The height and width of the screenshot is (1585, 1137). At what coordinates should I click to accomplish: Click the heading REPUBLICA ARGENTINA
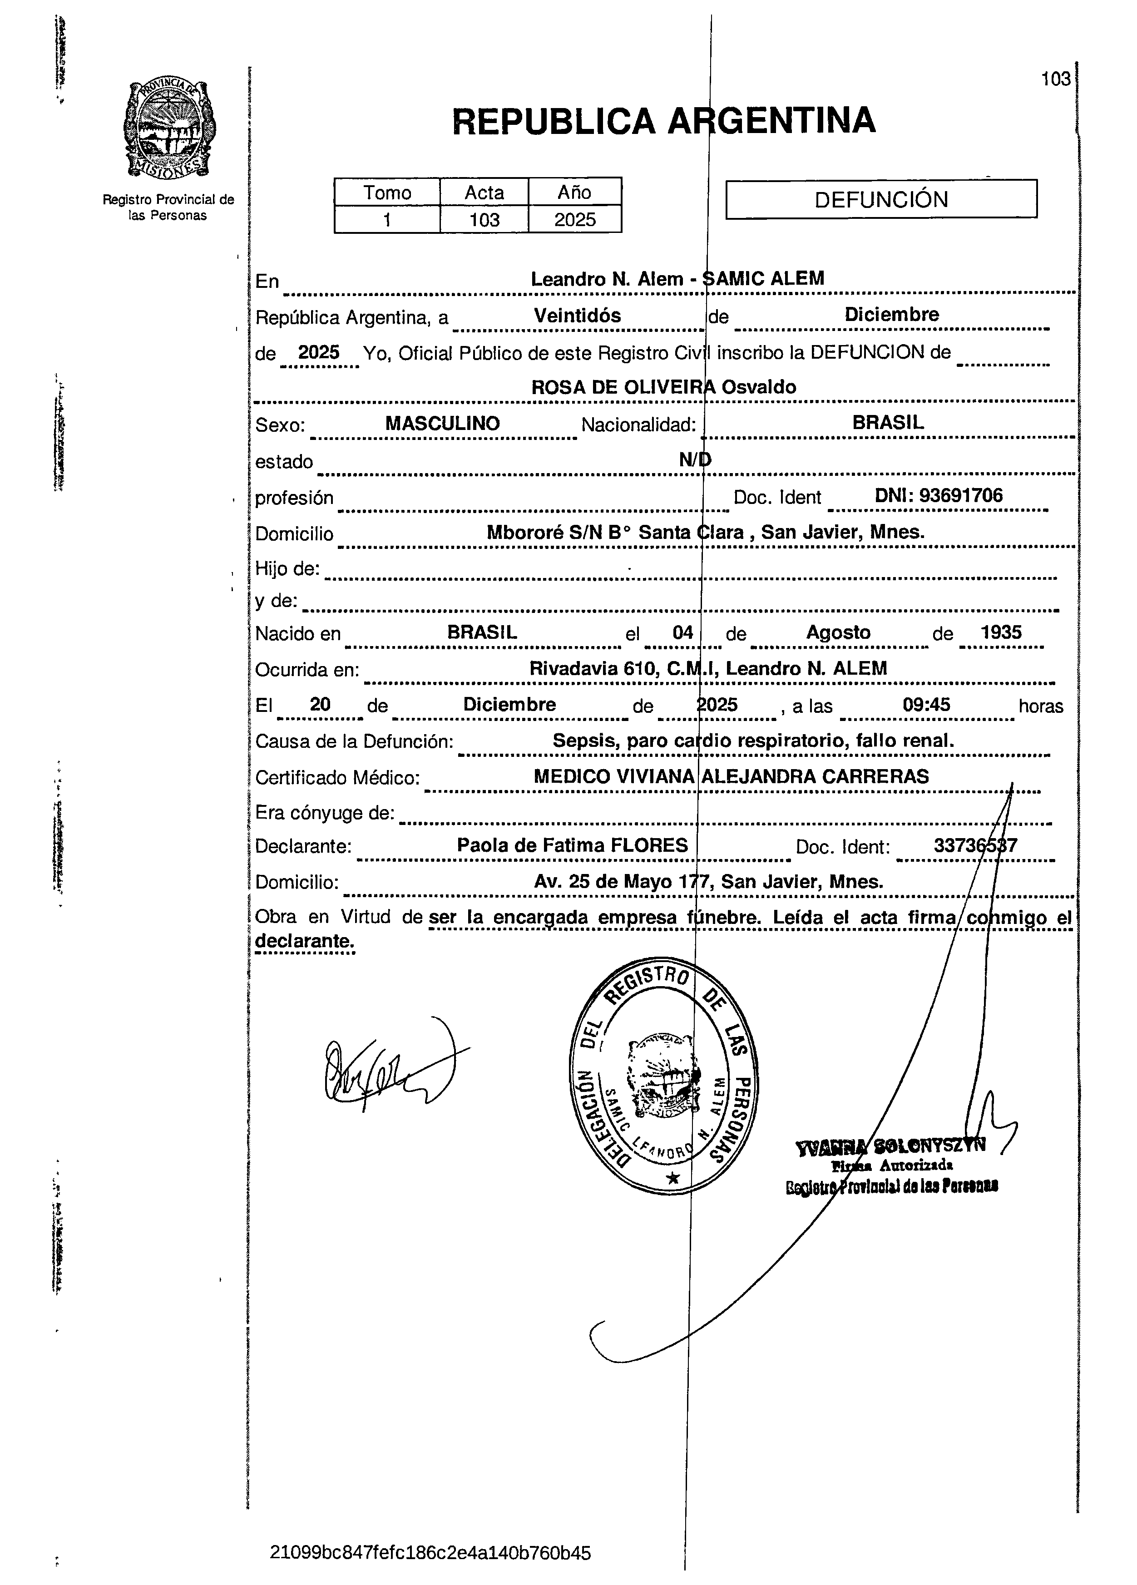pyautogui.click(x=663, y=121)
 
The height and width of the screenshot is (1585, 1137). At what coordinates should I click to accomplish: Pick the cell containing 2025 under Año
pyautogui.click(x=574, y=219)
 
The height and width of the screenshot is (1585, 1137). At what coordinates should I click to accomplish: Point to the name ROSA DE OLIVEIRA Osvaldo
pyautogui.click(x=663, y=387)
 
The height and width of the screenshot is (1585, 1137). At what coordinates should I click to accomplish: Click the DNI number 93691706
pyautogui.click(x=961, y=495)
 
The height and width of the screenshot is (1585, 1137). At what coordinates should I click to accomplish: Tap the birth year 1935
pyautogui.click(x=1001, y=632)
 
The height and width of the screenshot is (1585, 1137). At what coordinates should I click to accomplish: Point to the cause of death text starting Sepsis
pyautogui.click(x=753, y=741)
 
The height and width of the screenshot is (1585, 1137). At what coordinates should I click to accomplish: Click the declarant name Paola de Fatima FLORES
pyautogui.click(x=572, y=845)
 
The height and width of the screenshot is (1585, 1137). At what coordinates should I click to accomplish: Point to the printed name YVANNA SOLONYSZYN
pyautogui.click(x=890, y=1146)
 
